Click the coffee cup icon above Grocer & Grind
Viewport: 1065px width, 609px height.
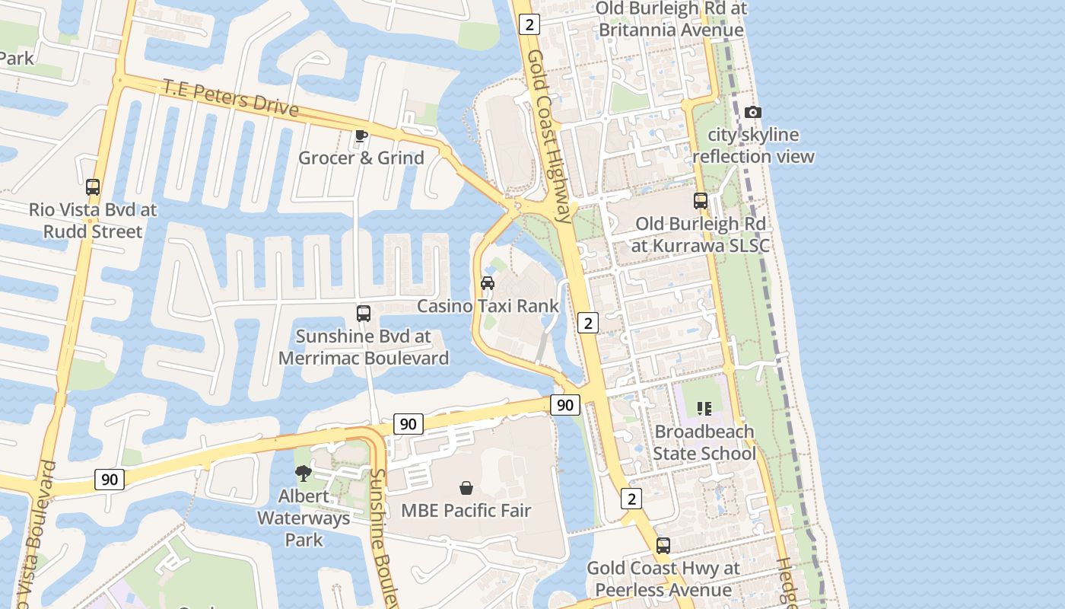(x=361, y=136)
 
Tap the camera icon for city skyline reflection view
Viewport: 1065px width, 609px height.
(x=752, y=113)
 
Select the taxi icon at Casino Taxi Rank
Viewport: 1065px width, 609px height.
(x=488, y=283)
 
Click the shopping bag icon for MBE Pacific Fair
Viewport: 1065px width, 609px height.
(x=466, y=488)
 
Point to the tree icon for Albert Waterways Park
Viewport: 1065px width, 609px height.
(x=304, y=473)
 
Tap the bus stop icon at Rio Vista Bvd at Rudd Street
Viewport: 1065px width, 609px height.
(x=93, y=187)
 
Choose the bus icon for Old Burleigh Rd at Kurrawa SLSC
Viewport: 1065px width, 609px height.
(x=701, y=201)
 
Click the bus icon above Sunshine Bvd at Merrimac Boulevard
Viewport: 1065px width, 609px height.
(x=364, y=314)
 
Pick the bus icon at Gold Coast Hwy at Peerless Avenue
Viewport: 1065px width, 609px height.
(x=663, y=546)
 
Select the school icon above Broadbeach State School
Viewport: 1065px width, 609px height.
(x=704, y=409)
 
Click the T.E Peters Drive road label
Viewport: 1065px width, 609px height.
(x=230, y=97)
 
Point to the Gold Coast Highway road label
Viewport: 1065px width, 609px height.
(x=549, y=137)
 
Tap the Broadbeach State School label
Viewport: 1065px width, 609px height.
(x=704, y=442)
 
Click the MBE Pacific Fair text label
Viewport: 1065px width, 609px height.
(x=466, y=510)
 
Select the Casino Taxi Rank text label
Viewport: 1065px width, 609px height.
(x=488, y=306)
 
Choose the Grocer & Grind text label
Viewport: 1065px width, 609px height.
(x=361, y=158)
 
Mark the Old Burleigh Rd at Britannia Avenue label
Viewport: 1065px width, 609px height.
(x=671, y=19)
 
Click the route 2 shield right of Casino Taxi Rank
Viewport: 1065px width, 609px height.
(x=587, y=323)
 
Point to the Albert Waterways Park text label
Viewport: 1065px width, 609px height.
(x=304, y=518)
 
